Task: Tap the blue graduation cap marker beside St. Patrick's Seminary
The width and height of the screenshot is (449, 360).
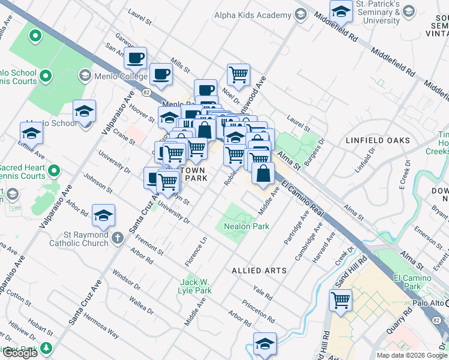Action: coord(341,11)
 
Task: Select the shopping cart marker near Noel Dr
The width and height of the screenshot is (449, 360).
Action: coord(238,75)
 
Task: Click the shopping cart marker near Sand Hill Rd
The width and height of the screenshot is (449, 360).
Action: coord(341,299)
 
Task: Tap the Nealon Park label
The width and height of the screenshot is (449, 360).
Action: coord(246,226)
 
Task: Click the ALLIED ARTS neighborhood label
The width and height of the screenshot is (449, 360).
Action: coord(259,271)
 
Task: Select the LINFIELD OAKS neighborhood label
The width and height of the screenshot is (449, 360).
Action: coord(378,140)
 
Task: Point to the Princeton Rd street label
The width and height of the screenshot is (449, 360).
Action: coord(259,311)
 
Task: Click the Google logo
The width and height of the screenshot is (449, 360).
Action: coord(19,353)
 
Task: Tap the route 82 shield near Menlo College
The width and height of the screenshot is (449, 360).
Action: coord(146,92)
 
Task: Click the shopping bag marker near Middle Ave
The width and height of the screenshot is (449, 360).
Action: coord(263,173)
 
